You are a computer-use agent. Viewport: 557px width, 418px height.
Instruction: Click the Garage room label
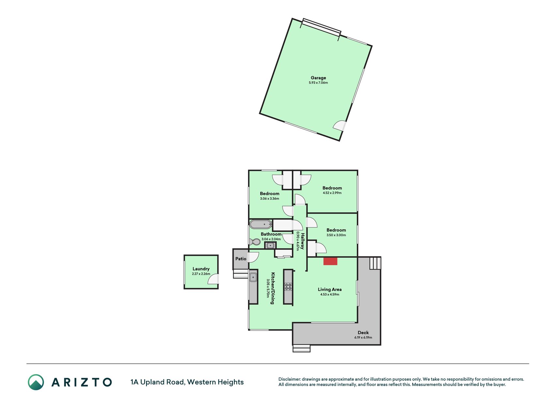[318, 78]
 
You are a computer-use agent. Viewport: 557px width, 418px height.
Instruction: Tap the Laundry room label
[201, 269]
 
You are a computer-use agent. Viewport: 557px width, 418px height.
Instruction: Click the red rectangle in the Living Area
[330, 261]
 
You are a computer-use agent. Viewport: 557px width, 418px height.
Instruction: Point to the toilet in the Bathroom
[255, 242]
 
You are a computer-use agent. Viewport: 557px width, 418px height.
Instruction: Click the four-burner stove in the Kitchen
[288, 287]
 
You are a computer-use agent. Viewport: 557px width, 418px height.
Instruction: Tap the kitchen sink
[253, 278]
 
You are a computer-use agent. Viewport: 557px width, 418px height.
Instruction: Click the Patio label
[241, 259]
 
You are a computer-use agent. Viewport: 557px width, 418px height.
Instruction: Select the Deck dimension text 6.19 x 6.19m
[363, 337]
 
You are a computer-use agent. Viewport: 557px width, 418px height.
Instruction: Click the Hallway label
[302, 241]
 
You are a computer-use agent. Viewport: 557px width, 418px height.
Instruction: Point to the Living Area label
[330, 289]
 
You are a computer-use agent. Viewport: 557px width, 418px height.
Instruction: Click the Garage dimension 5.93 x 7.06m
[318, 83]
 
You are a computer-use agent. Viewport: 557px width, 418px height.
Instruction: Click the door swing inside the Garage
[339, 126]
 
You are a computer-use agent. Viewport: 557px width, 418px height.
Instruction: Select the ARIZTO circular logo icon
[36, 382]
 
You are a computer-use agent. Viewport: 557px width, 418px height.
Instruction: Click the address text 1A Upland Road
[158, 382]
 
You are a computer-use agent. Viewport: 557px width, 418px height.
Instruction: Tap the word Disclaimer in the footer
[289, 379]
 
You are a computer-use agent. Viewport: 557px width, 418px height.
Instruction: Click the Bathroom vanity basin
[270, 245]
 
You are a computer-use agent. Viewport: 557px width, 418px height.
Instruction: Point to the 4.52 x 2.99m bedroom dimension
[332, 193]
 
